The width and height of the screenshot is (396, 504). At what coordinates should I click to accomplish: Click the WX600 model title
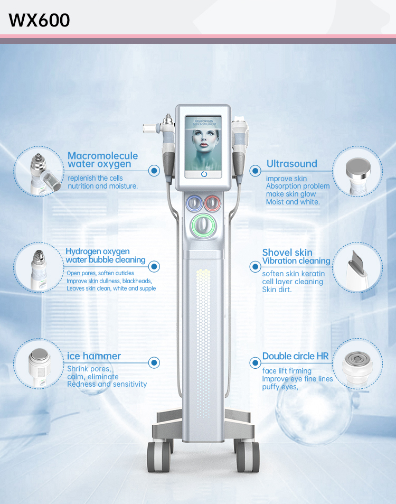(x=39, y=20)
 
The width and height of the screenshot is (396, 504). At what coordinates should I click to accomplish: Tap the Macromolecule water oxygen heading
(x=103, y=160)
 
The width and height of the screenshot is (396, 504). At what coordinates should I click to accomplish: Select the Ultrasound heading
(x=292, y=164)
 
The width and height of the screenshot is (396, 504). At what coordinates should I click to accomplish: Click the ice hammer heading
(x=94, y=356)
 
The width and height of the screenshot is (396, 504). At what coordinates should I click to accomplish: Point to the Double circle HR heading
(x=296, y=356)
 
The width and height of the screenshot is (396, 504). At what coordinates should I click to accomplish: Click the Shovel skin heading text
(x=287, y=253)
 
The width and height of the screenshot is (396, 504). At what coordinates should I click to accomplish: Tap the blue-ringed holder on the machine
(x=194, y=203)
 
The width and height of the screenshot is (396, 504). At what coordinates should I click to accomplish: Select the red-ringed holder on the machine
(x=213, y=203)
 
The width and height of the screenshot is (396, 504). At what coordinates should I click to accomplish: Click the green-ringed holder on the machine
(x=204, y=226)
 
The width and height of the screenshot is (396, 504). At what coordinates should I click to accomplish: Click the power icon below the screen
(x=204, y=174)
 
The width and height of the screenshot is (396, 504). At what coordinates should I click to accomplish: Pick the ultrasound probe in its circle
(x=357, y=176)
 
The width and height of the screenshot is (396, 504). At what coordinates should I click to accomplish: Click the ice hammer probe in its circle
(x=40, y=367)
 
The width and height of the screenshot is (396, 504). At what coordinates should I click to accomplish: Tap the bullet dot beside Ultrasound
(x=256, y=171)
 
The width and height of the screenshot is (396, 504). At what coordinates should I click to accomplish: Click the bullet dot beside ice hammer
(x=154, y=362)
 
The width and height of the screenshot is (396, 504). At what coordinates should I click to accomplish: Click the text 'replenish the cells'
(x=95, y=178)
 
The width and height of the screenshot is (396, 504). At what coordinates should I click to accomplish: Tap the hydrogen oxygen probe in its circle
(x=39, y=270)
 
